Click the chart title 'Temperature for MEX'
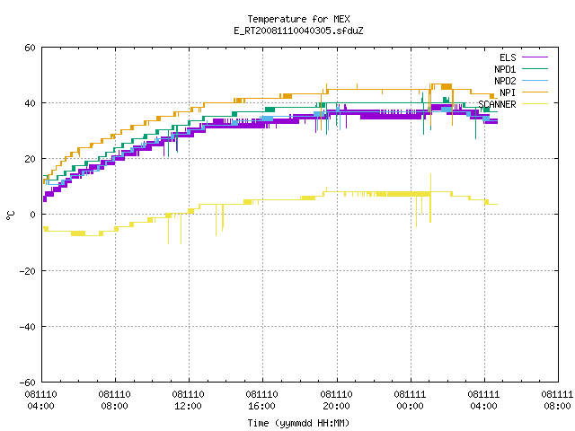coord(298,19)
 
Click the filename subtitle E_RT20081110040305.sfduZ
coord(298,31)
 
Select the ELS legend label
coord(508,57)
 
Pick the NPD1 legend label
coord(505,69)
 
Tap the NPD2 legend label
coord(505,81)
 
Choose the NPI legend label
coord(508,92)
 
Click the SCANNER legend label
coord(497,104)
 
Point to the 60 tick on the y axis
coord(30,48)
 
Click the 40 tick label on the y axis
coord(30,103)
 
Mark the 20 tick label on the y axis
coord(30,159)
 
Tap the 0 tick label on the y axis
coord(33,215)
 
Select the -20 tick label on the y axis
coord(28,271)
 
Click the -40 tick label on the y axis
coord(28,327)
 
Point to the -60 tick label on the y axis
coord(28,383)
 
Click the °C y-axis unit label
coord(11,215)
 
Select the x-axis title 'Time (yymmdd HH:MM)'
coord(298,423)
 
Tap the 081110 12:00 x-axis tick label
coord(188,400)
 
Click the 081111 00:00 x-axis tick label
coord(410,400)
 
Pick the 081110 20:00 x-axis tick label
coord(336,400)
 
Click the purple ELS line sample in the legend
coord(535,57)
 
